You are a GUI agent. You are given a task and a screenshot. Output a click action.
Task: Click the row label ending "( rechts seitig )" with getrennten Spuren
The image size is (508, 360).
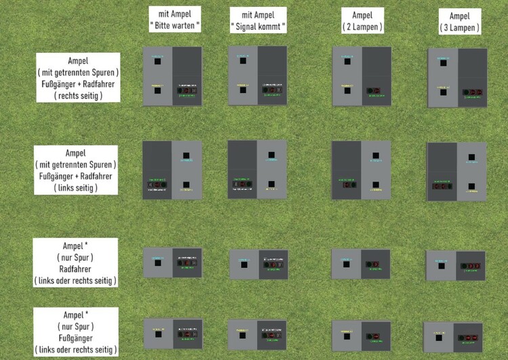[78, 77]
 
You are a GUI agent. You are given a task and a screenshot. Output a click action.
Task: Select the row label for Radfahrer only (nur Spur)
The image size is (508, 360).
[78, 262]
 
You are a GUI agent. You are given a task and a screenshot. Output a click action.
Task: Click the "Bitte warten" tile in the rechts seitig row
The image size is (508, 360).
[172, 76]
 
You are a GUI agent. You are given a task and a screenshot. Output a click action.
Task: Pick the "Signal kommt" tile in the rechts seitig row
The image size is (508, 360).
[257, 76]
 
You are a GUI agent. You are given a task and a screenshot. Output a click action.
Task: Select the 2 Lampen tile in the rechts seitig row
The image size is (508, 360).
[361, 76]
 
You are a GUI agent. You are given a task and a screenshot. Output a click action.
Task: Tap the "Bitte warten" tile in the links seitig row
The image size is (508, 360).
[172, 169]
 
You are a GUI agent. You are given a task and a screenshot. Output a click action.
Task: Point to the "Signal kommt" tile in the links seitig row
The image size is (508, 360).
[257, 169]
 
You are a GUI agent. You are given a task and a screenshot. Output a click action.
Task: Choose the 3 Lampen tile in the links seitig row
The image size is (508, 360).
[457, 172]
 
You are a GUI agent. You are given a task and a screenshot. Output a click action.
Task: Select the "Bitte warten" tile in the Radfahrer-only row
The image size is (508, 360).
[172, 263]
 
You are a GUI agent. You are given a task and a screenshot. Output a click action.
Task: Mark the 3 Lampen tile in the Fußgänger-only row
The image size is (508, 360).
[452, 337]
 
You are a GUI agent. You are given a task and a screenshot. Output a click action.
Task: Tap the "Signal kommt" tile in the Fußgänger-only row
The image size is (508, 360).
[257, 334]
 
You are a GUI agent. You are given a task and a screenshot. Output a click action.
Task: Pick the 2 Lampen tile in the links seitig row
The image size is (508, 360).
[361, 169]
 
